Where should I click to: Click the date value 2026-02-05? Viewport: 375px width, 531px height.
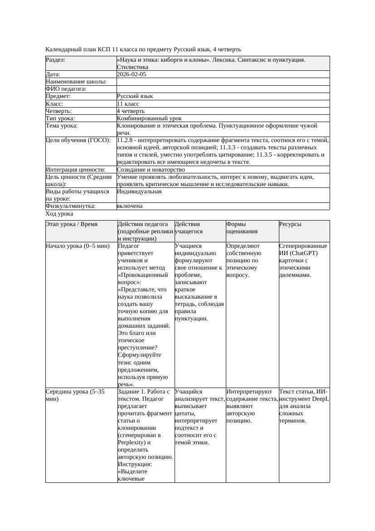click(x=131, y=74)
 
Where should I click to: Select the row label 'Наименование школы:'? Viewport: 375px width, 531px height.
click(x=76, y=82)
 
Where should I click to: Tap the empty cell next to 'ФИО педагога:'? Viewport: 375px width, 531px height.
click(x=223, y=89)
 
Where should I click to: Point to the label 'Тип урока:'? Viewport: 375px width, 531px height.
click(x=60, y=118)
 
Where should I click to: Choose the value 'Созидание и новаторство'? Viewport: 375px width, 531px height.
click(x=151, y=170)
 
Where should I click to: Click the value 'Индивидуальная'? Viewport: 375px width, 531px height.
click(x=139, y=192)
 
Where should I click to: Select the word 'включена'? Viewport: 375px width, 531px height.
click(x=130, y=206)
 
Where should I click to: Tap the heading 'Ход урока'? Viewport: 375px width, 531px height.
click(x=59, y=214)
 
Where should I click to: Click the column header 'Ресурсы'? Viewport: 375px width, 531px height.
click(x=290, y=224)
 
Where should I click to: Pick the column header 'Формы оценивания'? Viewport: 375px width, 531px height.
click(x=242, y=227)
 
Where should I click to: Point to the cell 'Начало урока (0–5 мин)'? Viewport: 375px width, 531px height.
click(x=78, y=246)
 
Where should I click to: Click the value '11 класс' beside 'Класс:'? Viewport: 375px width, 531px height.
click(x=128, y=104)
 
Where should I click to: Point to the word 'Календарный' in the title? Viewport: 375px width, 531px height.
click(x=63, y=49)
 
